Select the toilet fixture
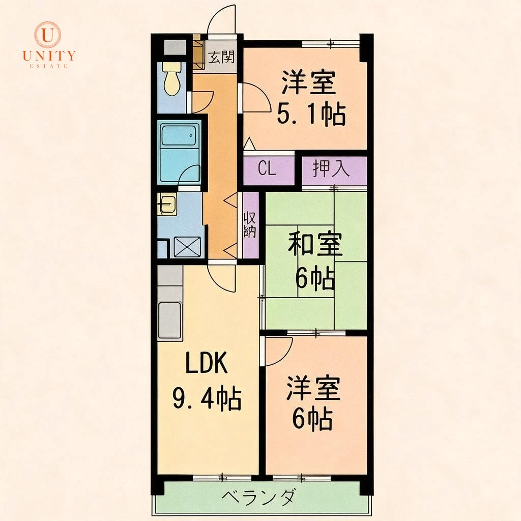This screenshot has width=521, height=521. tap(171, 79)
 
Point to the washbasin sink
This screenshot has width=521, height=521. tap(167, 204)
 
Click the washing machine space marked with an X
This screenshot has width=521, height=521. tap(187, 247)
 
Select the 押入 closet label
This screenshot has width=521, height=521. tap(331, 169)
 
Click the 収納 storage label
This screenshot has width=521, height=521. tap(250, 225)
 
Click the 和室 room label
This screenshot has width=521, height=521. tap(315, 244)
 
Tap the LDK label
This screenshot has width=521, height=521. tap(207, 363)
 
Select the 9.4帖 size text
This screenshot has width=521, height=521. tap(207, 398)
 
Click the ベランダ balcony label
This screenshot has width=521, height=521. tap(258, 498)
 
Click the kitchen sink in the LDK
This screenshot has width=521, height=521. tap(170, 320)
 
